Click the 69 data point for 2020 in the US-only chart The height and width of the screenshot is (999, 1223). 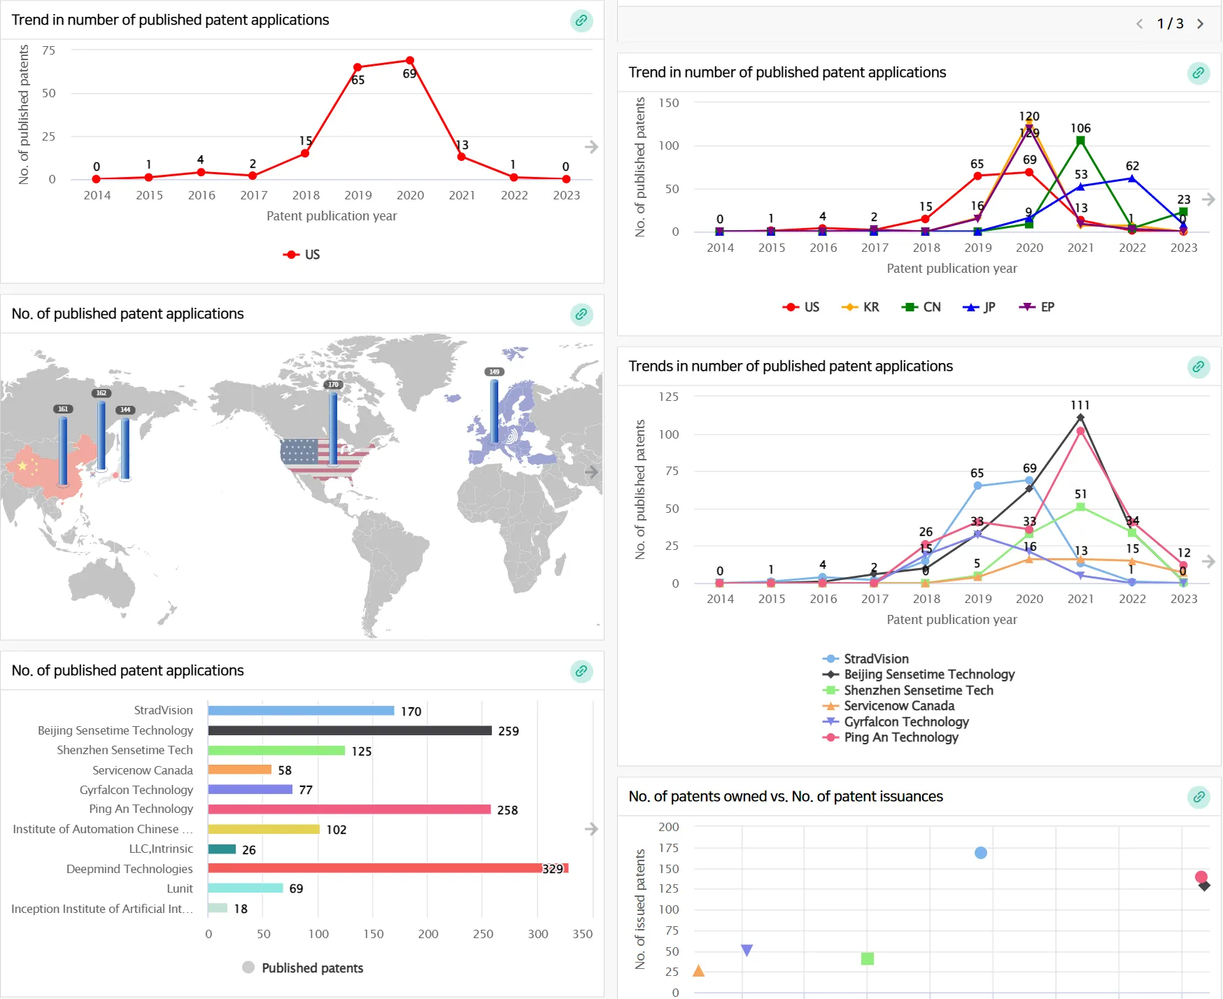pyautogui.click(x=410, y=61)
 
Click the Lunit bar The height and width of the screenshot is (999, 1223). pyautogui.click(x=246, y=888)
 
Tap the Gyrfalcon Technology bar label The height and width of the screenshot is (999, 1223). pyautogui.click(x=136, y=790)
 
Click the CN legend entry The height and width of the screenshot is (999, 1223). pyautogui.click(x=921, y=307)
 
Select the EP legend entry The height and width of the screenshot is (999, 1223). pyautogui.click(x=1038, y=307)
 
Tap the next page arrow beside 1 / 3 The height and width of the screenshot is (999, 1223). pyautogui.click(x=1201, y=24)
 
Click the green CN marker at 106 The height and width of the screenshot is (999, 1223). pyautogui.click(x=1081, y=141)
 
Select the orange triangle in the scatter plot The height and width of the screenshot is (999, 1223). pyautogui.click(x=698, y=970)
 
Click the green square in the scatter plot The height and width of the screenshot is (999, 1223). pyautogui.click(x=868, y=958)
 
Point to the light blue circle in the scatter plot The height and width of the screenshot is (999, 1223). pyautogui.click(x=981, y=853)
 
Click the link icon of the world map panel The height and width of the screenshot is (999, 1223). pyautogui.click(x=581, y=314)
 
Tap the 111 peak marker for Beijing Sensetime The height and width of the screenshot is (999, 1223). pyautogui.click(x=1081, y=418)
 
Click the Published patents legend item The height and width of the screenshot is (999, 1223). pyautogui.click(x=303, y=968)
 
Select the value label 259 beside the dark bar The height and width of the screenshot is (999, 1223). pyautogui.click(x=509, y=731)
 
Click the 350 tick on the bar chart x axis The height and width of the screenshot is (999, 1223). pyautogui.click(x=582, y=934)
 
